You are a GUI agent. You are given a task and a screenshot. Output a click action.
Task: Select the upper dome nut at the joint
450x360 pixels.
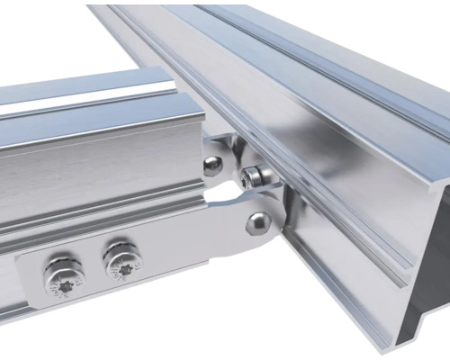tap(212, 166)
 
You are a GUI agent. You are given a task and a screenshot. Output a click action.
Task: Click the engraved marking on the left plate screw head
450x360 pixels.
tap(59, 286)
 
